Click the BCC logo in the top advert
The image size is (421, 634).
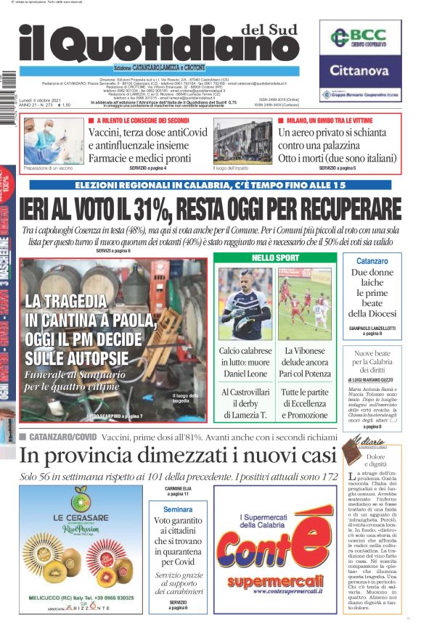[x=360, y=38]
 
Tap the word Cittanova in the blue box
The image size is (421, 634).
[x=360, y=70]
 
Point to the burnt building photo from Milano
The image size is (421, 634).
[x=242, y=141]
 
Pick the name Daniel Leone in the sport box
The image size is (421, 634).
[x=245, y=373]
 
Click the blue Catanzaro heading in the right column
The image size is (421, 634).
[x=372, y=260]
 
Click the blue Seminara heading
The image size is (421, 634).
[x=178, y=490]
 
